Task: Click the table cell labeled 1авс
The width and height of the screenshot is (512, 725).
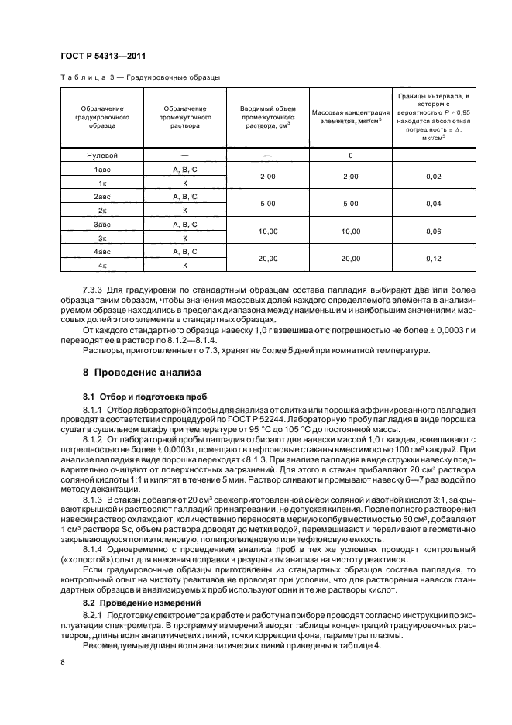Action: point(101,169)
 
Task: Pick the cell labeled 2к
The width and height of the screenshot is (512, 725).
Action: point(101,210)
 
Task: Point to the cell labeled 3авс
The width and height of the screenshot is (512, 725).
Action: point(101,224)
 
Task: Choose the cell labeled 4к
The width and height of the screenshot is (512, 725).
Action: point(101,265)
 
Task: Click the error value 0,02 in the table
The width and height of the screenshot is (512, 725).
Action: point(433,176)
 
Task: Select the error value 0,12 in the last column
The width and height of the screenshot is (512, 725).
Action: point(433,258)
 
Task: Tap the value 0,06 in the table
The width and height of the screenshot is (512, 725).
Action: point(433,231)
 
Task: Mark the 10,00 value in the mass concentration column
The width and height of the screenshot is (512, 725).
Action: point(350,231)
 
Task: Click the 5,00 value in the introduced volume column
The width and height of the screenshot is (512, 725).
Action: point(267,203)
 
